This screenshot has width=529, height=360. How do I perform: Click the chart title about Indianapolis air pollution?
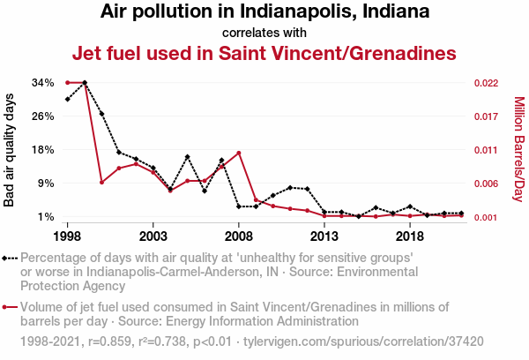pos(264,12)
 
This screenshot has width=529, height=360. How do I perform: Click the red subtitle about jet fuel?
pos(264,53)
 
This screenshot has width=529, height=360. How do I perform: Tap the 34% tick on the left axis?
pos(43,83)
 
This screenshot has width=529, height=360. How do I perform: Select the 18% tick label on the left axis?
pos(43,150)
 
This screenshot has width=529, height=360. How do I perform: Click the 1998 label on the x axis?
pos(68,236)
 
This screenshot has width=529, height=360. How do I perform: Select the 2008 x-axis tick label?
pos(239,236)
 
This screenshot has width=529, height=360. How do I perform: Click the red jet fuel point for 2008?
pos(239,153)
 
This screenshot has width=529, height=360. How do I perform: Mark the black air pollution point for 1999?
pos(85,82)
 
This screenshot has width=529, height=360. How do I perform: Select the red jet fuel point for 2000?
pos(102,182)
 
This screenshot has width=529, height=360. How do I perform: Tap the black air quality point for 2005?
pos(188,156)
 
